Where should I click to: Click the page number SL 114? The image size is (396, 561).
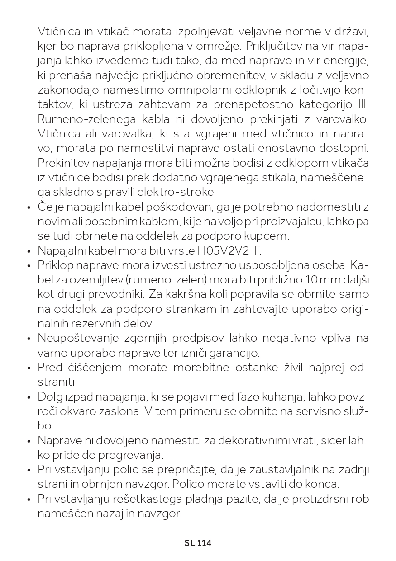click(x=198, y=543)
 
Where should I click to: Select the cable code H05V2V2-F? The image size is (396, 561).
click(x=229, y=250)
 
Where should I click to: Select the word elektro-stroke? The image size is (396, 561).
click(x=184, y=192)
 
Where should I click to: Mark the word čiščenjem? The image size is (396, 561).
click(x=92, y=367)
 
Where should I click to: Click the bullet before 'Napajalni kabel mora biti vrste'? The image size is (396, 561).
click(x=29, y=251)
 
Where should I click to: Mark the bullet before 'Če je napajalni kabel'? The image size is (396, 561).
click(x=29, y=207)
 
